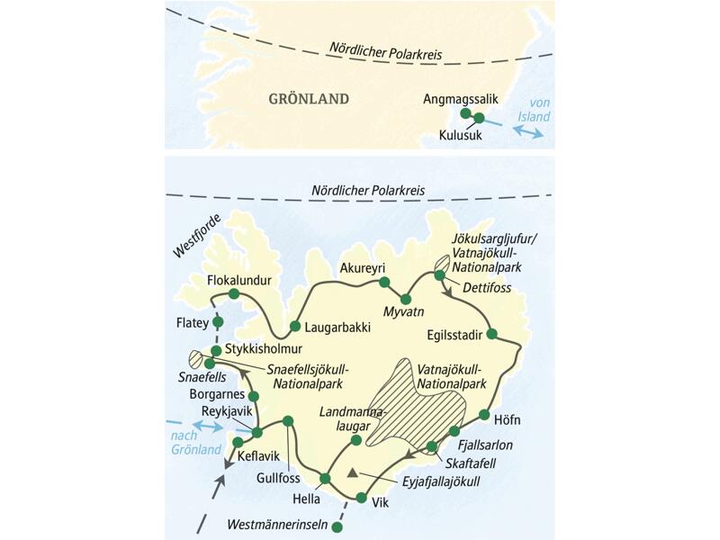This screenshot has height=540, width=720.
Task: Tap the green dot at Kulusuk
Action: (479, 118)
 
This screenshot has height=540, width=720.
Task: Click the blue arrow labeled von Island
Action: (526, 131)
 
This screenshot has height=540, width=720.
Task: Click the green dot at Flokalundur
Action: (234, 293)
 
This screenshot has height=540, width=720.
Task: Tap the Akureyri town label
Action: (363, 268)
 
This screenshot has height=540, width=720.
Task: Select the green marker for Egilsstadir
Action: (491, 334)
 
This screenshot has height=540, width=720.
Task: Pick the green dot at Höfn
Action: (485, 416)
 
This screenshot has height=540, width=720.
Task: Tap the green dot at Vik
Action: (362, 498)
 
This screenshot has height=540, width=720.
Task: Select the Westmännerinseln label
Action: (276, 523)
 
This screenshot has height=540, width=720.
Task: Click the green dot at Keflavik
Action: (238, 441)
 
